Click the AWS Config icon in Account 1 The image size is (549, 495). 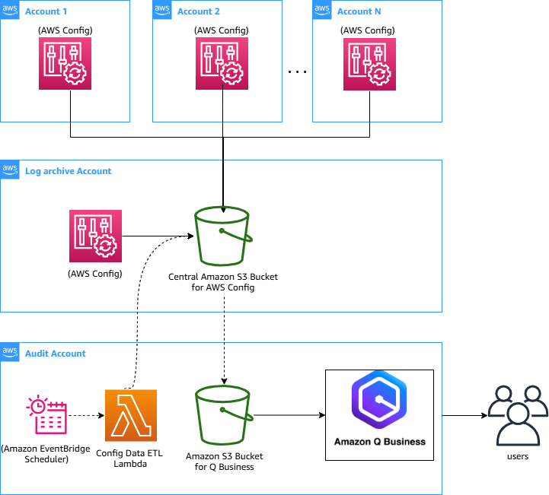(65, 64)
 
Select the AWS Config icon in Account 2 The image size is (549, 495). (222, 64)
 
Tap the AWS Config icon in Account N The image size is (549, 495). (369, 64)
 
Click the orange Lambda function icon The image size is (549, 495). (130, 415)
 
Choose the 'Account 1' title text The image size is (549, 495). (46, 11)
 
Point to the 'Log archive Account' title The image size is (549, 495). (68, 171)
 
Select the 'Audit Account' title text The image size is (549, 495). (56, 354)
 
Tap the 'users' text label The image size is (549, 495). (517, 456)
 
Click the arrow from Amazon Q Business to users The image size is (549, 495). (464, 416)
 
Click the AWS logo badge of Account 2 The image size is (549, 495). (162, 9)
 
